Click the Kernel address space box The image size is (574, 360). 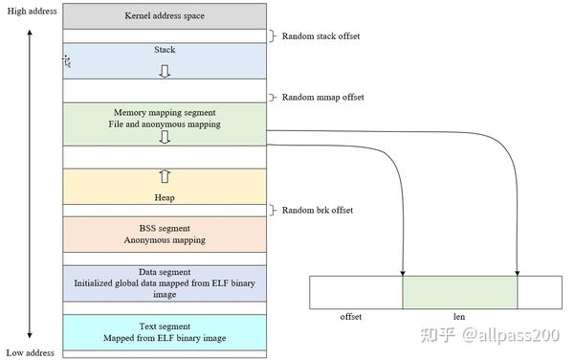tap(164, 16)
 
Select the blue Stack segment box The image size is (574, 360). tap(164, 59)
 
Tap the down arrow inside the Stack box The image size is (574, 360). tap(164, 72)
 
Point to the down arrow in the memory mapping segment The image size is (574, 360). tap(164, 138)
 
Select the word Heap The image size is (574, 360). tap(164, 198)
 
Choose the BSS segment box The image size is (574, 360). tap(164, 235)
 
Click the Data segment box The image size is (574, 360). tap(164, 284)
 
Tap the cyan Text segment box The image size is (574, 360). tap(164, 332)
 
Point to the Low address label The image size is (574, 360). tap(30, 353)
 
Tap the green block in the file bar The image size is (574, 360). tap(459, 293)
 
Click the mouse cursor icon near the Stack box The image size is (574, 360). tap(67, 61)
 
